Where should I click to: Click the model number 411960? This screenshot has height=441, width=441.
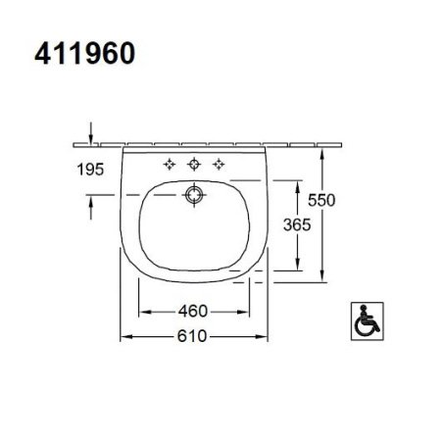(81, 53)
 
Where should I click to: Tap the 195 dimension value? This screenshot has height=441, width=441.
(89, 169)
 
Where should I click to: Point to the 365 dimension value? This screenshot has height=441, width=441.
(295, 224)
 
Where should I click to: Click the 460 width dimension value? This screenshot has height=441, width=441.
(193, 312)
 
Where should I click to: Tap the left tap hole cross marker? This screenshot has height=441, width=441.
(169, 162)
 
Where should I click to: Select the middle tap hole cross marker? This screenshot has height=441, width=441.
(194, 162)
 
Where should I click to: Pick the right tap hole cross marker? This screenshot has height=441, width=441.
(220, 162)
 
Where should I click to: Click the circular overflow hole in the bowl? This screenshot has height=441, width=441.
(194, 194)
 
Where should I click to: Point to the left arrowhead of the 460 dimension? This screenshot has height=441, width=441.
(147, 312)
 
